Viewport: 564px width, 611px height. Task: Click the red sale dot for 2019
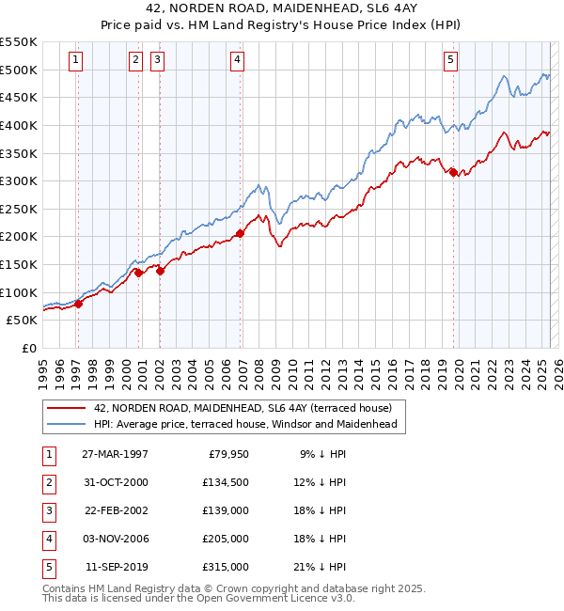click(453, 172)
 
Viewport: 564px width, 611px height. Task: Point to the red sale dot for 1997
click(79, 303)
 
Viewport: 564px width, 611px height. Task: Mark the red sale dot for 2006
click(240, 233)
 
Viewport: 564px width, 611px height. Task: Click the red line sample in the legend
click(66, 408)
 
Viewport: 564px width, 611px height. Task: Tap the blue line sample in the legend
click(66, 424)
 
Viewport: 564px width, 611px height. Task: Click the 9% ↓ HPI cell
click(322, 454)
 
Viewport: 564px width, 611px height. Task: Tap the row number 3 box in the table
click(46, 510)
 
